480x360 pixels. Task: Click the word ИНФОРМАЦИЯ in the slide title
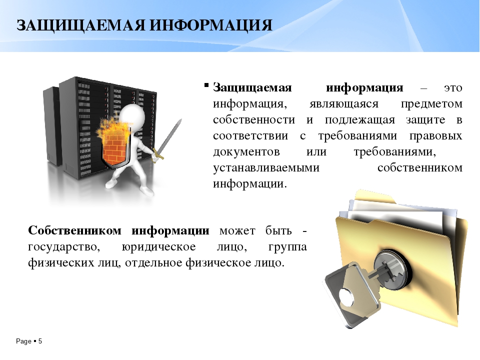coord(211,25)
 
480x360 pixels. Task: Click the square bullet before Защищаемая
coord(206,85)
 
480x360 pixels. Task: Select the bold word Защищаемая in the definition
coord(252,88)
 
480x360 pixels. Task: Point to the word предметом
coord(431,104)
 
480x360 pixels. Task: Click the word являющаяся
coord(344,104)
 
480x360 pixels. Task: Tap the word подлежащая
coord(359,120)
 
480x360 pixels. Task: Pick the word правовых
coord(436,136)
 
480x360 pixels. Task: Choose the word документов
coord(246,152)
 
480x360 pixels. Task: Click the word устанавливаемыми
coord(266,168)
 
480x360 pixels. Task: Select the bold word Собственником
coord(74,230)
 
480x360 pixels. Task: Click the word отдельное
coord(153,263)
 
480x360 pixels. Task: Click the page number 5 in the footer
coord(40,341)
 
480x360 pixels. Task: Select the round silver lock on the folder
coord(392,269)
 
